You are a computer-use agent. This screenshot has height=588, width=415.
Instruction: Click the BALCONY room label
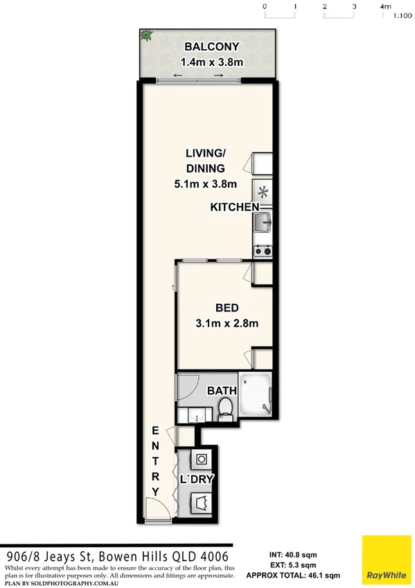(211, 47)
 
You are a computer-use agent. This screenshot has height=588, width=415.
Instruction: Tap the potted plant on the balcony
(147, 35)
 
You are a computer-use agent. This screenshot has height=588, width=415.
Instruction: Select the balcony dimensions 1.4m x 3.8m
(211, 62)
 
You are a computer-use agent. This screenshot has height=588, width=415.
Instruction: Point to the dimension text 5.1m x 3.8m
(206, 184)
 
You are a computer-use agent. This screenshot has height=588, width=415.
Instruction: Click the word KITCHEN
(234, 207)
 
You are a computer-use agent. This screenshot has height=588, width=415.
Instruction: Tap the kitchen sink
(263, 223)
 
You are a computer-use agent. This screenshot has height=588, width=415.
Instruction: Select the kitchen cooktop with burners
(263, 250)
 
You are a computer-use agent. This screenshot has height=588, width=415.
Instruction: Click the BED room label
(227, 307)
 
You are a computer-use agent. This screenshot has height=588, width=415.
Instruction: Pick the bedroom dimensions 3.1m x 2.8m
(227, 322)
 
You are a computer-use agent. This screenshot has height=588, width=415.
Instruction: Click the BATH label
(222, 391)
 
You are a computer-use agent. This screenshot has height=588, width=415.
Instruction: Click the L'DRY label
(196, 479)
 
